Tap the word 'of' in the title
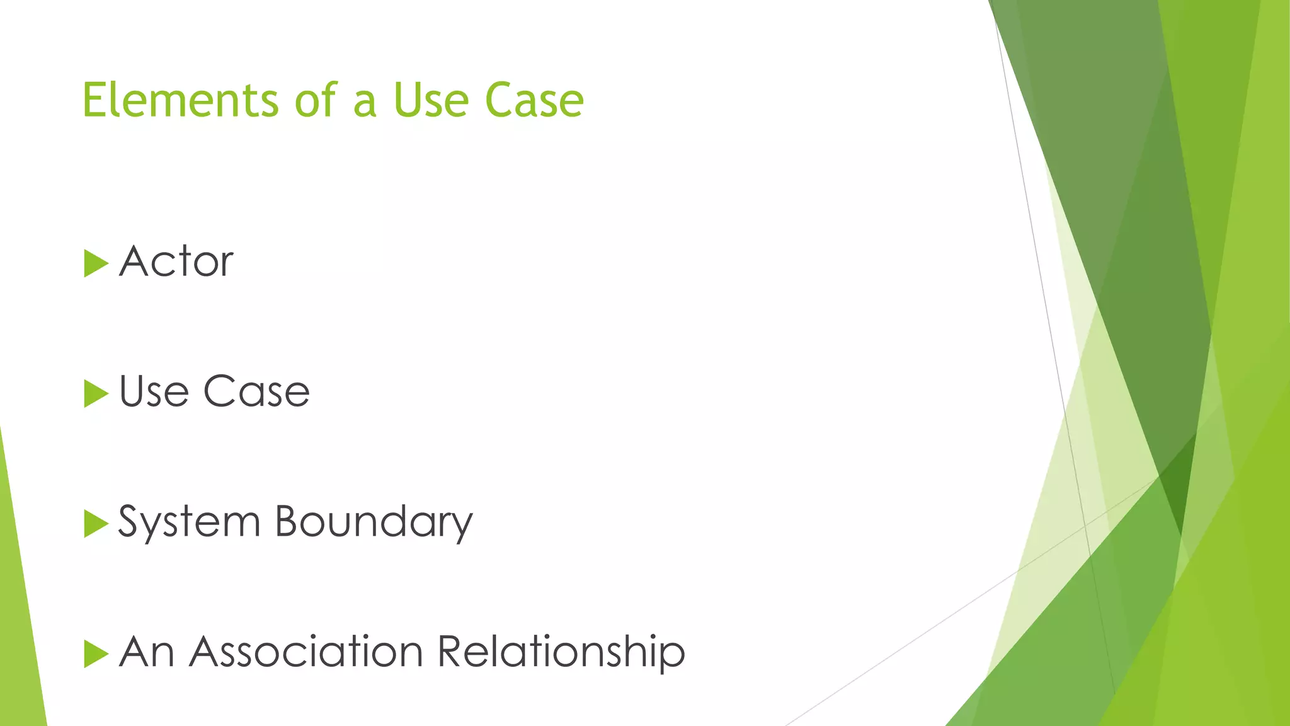317,100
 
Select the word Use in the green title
432,100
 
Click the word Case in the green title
534,100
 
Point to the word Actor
176,262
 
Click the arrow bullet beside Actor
95,263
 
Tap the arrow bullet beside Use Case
95,394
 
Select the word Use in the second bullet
154,391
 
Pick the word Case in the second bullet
256,391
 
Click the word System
189,522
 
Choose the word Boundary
374,522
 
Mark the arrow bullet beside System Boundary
95,524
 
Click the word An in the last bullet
147,652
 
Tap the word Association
306,652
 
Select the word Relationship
561,652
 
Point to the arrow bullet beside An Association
95,654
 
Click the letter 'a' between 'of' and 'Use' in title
365,103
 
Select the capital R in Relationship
451,652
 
